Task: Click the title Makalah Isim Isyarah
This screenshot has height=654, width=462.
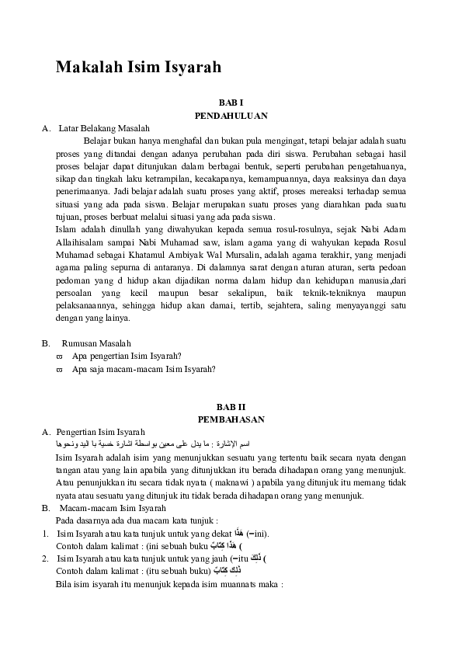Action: tap(138, 68)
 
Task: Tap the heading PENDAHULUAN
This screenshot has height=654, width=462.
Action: tap(231, 115)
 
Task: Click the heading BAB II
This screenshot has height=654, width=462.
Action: tap(231, 407)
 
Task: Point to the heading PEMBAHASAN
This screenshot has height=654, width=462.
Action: tap(231, 419)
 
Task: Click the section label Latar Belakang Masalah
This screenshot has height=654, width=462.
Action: tap(104, 128)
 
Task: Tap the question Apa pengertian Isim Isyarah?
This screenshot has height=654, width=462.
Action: tap(127, 356)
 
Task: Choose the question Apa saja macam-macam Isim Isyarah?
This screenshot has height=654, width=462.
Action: tap(144, 369)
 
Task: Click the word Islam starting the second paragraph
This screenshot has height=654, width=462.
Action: tap(66, 228)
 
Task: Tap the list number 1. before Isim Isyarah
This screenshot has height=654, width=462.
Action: tap(46, 534)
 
